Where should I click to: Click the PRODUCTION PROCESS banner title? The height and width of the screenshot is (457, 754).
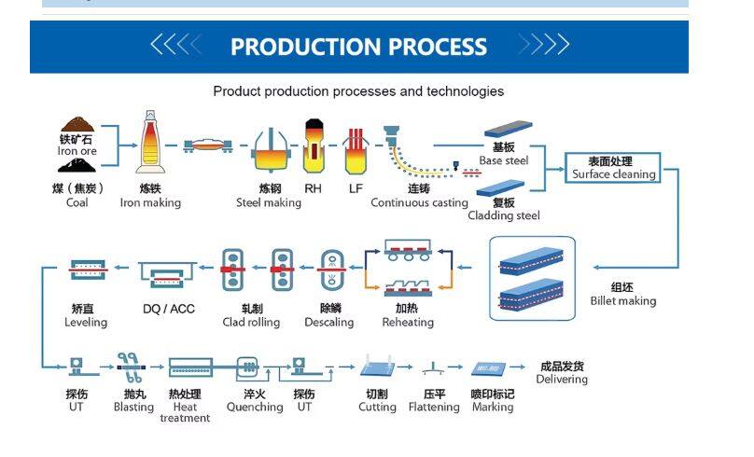(358, 47)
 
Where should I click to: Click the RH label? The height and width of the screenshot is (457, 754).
(314, 188)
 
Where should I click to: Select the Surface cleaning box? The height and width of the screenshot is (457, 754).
(613, 168)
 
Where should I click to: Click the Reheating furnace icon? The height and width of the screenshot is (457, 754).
(408, 267)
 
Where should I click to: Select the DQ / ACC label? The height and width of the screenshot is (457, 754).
(169, 309)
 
